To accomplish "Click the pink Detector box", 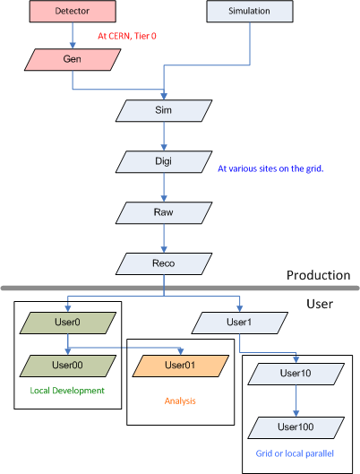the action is pos(73,11).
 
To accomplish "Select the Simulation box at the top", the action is pos(250,11).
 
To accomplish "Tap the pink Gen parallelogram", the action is pos(73,59).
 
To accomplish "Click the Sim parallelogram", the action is pos(164,110).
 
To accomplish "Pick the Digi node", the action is pos(164,161).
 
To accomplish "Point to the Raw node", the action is pos(164,213).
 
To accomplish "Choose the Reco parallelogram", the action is pos(164,264).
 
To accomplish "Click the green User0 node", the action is pos(68,323).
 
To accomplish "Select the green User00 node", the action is pos(68,366).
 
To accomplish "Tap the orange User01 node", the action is pos(181,366).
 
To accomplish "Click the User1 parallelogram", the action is pos(239,323).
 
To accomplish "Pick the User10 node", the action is pos(296,374).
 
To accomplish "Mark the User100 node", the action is pos(296,427).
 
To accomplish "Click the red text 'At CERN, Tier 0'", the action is pos(127,36).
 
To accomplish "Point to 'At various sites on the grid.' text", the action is pos(270,168).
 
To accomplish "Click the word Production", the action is pos(318,275).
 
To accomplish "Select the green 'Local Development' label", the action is pos(67,391).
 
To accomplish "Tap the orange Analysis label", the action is pos(180,401).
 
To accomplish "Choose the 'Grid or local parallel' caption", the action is pos(295,453).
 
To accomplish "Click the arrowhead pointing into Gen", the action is pos(73,46).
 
